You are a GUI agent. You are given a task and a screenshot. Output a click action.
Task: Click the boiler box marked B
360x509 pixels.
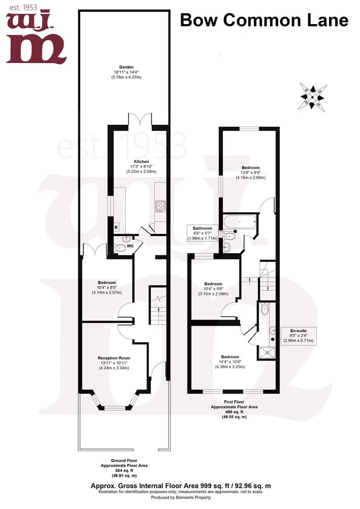point(116,228)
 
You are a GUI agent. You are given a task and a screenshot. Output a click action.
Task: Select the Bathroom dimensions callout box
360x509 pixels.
point(202,233)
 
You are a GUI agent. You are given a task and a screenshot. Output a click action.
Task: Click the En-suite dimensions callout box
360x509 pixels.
point(297,335)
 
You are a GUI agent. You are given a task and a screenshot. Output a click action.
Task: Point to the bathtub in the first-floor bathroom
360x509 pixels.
point(240,221)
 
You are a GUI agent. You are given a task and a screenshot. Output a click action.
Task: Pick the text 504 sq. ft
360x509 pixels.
point(124,470)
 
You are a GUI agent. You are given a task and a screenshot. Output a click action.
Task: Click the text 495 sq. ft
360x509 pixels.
point(234,411)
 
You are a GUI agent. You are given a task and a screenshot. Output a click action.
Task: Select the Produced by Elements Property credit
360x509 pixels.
point(180,498)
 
